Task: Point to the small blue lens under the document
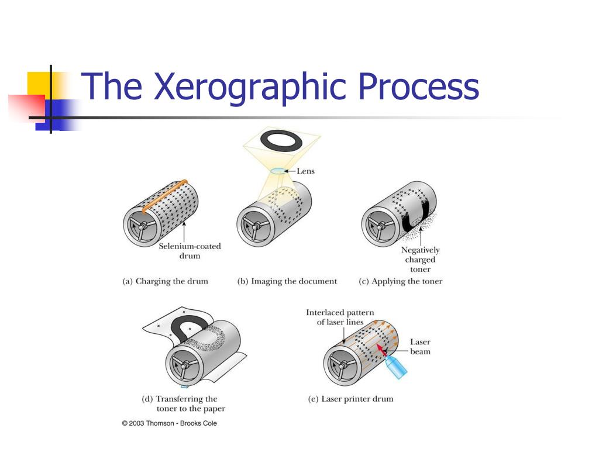click(x=278, y=171)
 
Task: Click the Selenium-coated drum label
click(x=190, y=251)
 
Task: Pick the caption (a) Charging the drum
click(x=165, y=281)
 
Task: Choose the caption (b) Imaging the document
click(x=287, y=281)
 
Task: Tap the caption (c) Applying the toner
click(x=401, y=281)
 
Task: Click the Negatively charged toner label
click(x=420, y=260)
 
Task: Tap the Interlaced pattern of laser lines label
click(x=340, y=317)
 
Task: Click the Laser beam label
click(x=420, y=347)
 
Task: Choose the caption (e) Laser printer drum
click(x=350, y=399)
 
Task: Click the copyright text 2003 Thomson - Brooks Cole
click(x=169, y=423)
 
